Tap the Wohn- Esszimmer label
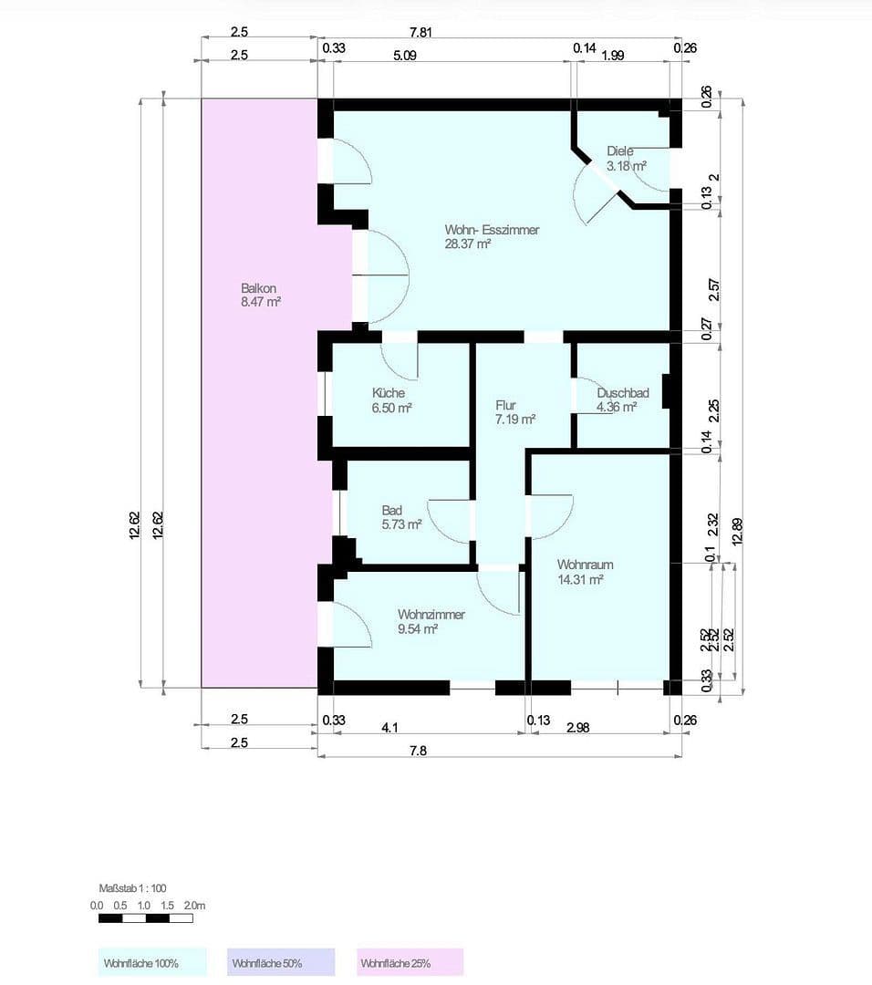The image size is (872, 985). (x=492, y=230)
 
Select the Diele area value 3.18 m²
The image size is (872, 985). (x=627, y=166)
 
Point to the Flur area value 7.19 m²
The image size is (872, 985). (x=514, y=420)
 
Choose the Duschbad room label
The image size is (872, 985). (x=623, y=393)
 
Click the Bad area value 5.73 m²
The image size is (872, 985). (x=401, y=524)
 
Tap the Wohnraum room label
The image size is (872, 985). (x=585, y=565)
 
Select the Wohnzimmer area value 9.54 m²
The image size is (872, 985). (x=418, y=628)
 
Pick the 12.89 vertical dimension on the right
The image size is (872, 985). (x=736, y=530)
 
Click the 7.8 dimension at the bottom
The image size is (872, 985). (x=419, y=750)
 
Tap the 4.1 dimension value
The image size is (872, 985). (x=389, y=727)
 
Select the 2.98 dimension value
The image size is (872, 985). (x=578, y=727)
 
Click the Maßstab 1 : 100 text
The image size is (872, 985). (x=132, y=887)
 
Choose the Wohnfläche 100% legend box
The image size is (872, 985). (x=152, y=963)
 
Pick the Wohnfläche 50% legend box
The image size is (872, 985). (x=281, y=963)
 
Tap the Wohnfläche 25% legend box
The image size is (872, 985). (x=410, y=963)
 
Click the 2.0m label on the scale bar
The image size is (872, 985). (x=194, y=906)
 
